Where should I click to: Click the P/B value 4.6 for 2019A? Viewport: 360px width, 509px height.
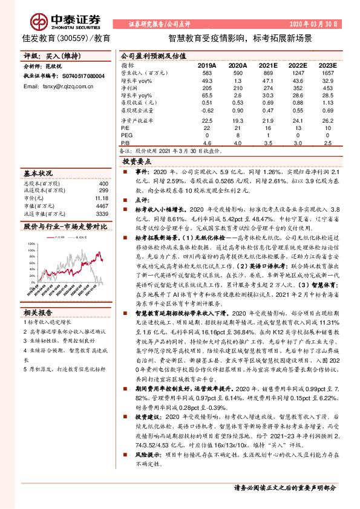207,143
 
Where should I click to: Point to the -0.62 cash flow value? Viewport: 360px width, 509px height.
207,111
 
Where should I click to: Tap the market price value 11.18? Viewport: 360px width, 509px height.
101,198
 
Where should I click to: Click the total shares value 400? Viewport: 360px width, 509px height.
103,183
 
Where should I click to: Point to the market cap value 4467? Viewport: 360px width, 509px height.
102,206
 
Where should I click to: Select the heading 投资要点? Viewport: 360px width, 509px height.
136,163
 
